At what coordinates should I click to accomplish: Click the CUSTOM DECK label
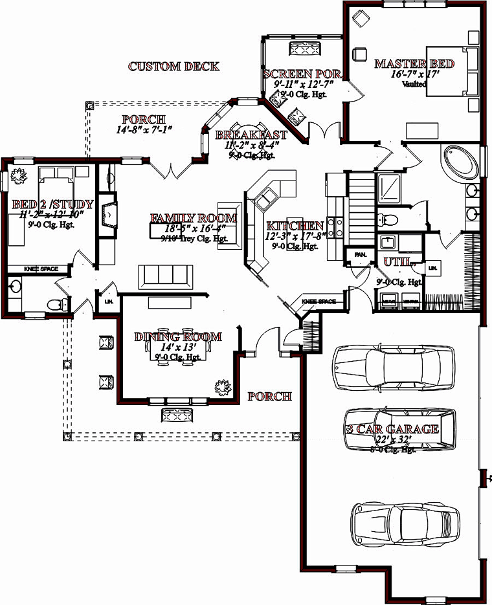pos(173,66)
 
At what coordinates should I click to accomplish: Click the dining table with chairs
pos(182,351)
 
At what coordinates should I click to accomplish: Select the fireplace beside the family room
pos(109,217)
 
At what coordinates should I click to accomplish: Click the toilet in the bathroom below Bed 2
pos(58,303)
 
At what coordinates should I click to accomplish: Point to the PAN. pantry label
pos(360,255)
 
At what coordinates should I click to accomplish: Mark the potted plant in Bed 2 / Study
pos(17,175)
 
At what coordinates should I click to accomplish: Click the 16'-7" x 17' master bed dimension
pos(415,74)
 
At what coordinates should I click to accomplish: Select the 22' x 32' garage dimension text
pos(394,439)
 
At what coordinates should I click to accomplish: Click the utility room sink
pos(387,243)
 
